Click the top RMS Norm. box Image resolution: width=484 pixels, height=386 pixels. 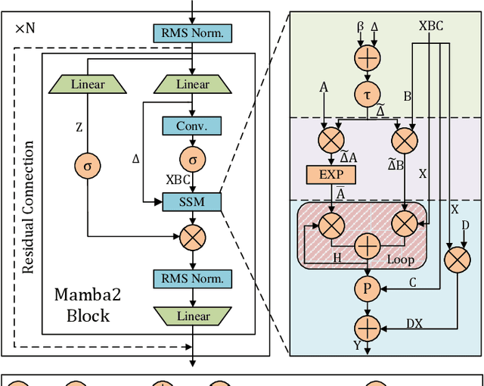point(193,33)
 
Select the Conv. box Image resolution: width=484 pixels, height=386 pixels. point(193,126)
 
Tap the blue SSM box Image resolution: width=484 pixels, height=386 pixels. point(193,201)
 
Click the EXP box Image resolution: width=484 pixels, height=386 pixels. point(330,174)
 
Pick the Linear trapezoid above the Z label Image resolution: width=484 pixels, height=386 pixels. point(88,84)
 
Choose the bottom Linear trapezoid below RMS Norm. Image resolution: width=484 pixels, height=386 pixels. point(193,315)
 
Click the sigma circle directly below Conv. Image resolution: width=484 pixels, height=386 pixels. point(193,160)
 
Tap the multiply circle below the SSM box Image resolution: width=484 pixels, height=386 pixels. point(193,238)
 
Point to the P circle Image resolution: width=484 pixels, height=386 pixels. point(367,288)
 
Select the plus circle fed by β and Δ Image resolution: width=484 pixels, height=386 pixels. point(367,57)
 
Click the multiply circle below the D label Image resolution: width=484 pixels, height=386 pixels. point(456,260)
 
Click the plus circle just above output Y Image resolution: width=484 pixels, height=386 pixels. point(367,328)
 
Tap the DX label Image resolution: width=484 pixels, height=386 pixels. point(415,322)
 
